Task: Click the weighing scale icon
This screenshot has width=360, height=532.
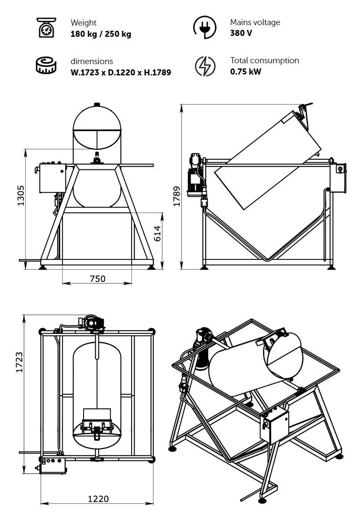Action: pos(46,28)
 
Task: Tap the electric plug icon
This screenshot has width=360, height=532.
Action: pos(205,27)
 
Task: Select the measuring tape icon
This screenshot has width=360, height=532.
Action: pos(46,65)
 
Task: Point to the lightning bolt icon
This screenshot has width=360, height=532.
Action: pos(205,66)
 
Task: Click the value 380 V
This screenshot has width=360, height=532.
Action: pos(241,33)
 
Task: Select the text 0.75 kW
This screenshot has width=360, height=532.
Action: pos(246,71)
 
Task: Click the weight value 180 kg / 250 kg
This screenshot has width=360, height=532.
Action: pos(101,34)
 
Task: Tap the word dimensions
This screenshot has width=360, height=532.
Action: pos(92,61)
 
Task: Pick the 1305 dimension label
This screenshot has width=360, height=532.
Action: pos(21,195)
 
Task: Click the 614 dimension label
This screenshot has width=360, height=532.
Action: pos(157,234)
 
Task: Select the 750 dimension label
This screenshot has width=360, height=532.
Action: pos(97,279)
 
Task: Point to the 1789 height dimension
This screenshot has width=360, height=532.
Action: pos(176,196)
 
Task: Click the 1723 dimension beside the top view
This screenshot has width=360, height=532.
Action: pos(19,362)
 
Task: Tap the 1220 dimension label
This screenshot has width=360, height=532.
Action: pos(98,499)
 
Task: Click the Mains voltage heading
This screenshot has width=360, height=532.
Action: pos(255,23)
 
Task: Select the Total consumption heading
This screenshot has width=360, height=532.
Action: pos(264,61)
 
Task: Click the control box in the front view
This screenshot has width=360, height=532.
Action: pos(53,178)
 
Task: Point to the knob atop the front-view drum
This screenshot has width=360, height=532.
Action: pos(97,104)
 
